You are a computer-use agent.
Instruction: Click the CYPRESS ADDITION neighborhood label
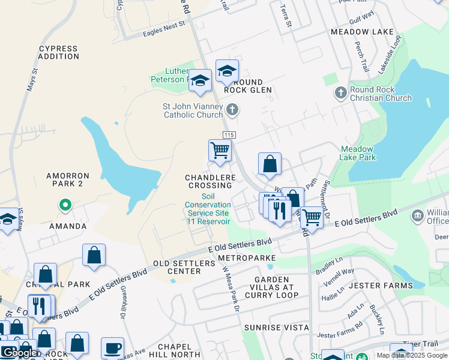58,53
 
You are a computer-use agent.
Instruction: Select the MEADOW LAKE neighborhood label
362,32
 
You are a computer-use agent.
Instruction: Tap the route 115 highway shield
228,135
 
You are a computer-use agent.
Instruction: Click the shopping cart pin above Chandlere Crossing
220,151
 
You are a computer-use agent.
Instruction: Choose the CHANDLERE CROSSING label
208,182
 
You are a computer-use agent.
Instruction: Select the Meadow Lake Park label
358,153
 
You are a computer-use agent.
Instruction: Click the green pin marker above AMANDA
65,206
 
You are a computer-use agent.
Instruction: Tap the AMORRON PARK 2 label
68,180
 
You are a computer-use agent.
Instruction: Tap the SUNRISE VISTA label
276,328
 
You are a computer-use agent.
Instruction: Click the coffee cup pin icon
112,347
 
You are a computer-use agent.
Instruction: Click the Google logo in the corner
19,353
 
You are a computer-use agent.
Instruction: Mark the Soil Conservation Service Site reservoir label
208,209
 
